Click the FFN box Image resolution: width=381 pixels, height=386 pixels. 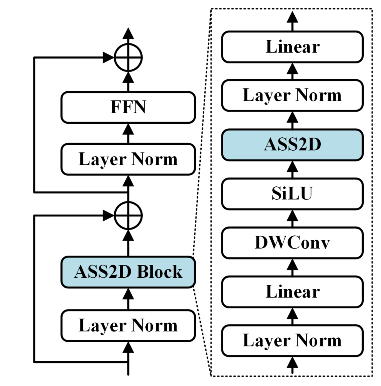pyautogui.click(x=128, y=107)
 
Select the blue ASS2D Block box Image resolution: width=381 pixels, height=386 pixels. pyautogui.click(x=128, y=272)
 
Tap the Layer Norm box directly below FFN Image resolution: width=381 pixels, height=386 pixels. pyautogui.click(x=128, y=159)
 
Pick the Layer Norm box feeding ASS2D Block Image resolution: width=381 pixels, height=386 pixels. pyautogui.click(x=128, y=326)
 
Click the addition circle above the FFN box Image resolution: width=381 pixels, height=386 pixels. pyautogui.click(x=128, y=57)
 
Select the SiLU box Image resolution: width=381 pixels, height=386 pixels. pyautogui.click(x=292, y=194)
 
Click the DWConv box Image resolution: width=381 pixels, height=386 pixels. pyautogui.click(x=292, y=243)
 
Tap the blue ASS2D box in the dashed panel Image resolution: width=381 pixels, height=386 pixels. pyautogui.click(x=292, y=145)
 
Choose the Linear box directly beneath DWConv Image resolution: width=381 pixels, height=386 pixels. pyautogui.click(x=292, y=292)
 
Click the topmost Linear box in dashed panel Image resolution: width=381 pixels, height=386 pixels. pyautogui.click(x=292, y=47)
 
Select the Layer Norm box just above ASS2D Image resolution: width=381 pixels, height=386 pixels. pyautogui.click(x=292, y=95)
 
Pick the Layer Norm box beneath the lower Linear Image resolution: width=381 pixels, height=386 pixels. pyautogui.click(x=292, y=340)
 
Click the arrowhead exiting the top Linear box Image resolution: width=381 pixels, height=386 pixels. pyautogui.click(x=292, y=17)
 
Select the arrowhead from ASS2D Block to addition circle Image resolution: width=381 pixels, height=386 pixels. pyautogui.click(x=128, y=234)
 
